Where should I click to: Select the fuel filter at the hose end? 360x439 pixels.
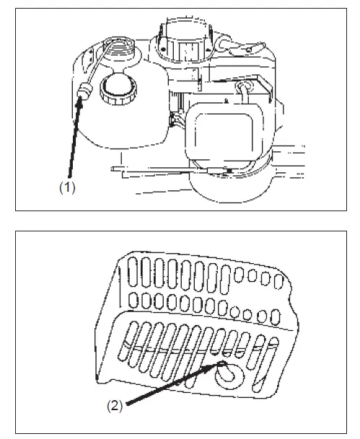click(x=83, y=93)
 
